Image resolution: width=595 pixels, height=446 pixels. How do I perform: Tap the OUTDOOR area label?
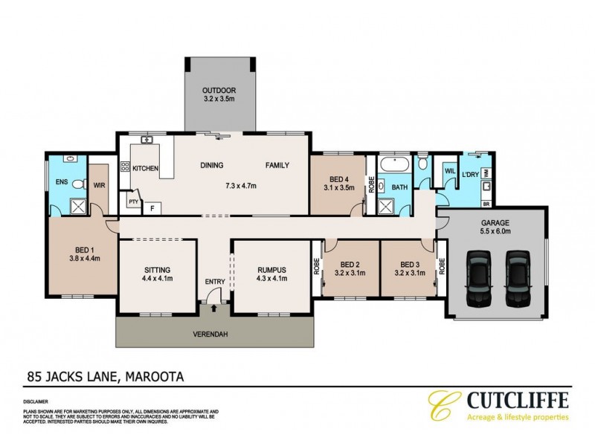(219, 89)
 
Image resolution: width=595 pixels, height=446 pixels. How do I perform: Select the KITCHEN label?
(146, 169)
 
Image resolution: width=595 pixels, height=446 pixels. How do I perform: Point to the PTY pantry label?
(133, 201)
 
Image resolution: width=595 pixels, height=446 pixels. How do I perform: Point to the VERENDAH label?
(213, 334)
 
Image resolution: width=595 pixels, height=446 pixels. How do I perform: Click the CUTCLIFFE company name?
(518, 400)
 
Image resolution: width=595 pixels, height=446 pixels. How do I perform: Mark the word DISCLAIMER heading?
(37, 401)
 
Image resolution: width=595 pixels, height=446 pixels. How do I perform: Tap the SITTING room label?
(158, 270)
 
